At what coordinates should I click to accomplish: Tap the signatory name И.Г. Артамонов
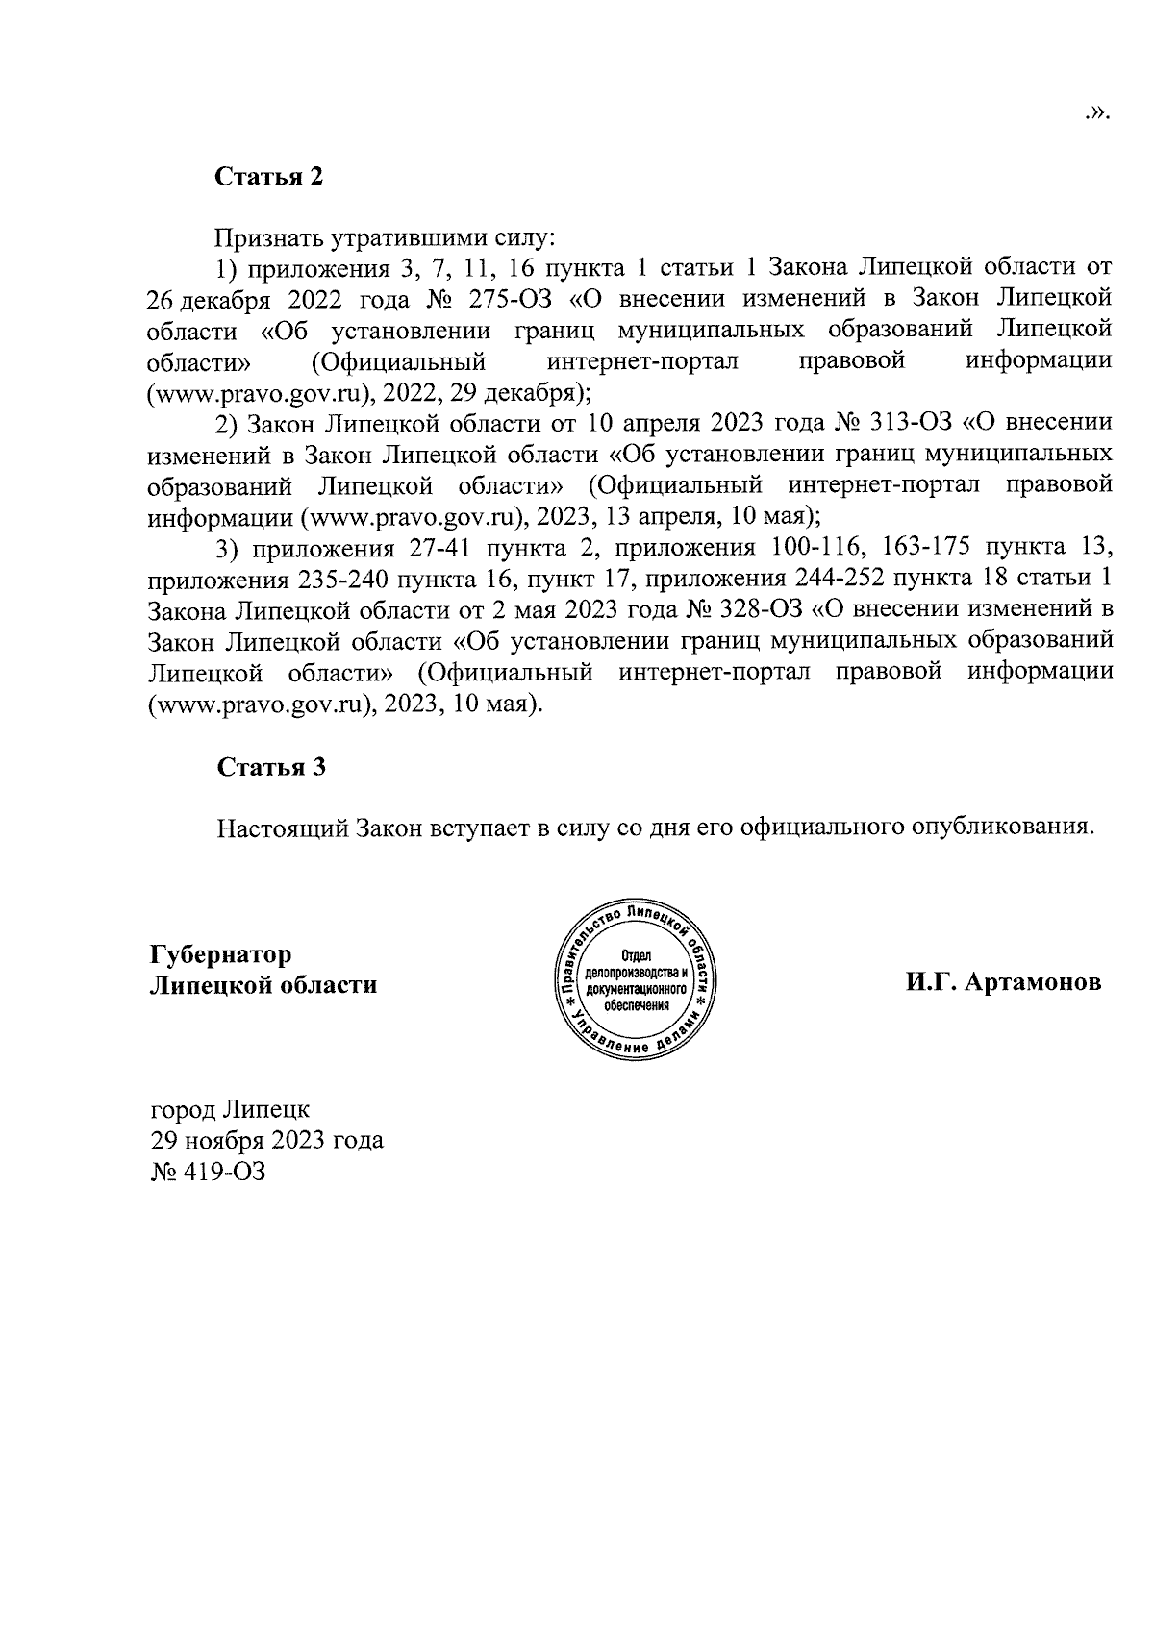pos(1002,983)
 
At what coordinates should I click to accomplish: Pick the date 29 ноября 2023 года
pos(266,1140)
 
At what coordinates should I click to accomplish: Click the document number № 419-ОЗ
pos(207,1172)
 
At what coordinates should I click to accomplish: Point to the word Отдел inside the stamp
pos(638,955)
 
